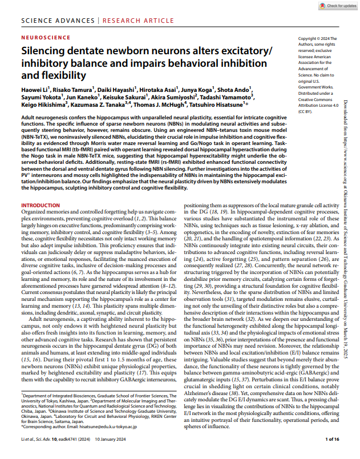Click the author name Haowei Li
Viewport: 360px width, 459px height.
coord(34,89)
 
